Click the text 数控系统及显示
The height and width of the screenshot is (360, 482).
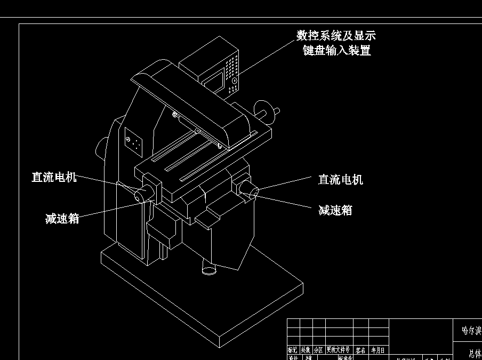point(336,36)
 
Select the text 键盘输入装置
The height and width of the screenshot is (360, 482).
point(336,51)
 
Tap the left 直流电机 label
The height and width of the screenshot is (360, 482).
point(54,177)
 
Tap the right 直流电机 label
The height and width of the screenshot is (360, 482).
point(341,180)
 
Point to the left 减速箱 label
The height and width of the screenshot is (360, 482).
point(62,219)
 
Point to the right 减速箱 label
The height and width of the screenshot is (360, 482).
point(335,210)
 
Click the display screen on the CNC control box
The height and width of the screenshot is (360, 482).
point(214,81)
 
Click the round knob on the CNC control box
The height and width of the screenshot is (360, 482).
point(234,81)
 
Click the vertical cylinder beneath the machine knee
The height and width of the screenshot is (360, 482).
point(208,267)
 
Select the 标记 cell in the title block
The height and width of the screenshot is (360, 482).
point(293,350)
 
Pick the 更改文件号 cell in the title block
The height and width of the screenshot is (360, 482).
point(339,350)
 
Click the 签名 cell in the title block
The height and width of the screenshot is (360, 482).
point(361,350)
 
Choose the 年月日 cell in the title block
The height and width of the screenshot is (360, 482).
point(378,350)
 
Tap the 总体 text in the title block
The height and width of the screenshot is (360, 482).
point(475,353)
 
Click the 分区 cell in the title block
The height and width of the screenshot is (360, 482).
point(318,350)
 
